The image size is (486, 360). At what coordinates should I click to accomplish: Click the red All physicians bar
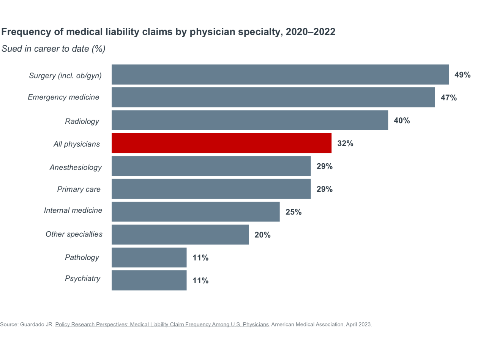(x=221, y=143)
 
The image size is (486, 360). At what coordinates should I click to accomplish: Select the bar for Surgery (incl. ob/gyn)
(x=280, y=74)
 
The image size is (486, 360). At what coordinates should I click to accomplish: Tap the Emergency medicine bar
(x=273, y=98)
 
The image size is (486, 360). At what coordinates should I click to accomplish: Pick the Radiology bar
(x=250, y=120)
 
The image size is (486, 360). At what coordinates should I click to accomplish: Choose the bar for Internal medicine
(x=196, y=212)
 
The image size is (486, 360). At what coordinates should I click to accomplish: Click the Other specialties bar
(x=180, y=234)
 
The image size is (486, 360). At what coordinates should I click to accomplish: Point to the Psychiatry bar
(x=149, y=280)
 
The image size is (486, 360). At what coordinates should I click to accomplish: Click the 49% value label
(x=462, y=75)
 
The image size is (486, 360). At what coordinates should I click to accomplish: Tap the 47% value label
(x=448, y=98)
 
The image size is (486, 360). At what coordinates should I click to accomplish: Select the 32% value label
(x=345, y=144)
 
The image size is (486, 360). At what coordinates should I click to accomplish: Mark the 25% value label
(x=293, y=212)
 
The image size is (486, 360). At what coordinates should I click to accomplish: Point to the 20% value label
(x=262, y=235)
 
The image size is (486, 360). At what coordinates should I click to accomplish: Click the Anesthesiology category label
(x=76, y=167)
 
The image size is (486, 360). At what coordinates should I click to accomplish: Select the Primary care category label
(x=79, y=189)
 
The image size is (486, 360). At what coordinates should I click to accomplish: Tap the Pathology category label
(x=82, y=257)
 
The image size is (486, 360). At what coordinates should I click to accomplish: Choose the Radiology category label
(x=82, y=122)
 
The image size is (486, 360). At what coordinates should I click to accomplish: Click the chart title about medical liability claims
(x=168, y=32)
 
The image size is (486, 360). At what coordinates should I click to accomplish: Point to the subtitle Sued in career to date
(x=54, y=49)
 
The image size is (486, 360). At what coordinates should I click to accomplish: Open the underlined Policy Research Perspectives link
(x=162, y=325)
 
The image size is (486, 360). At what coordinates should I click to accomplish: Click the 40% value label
(x=402, y=121)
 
